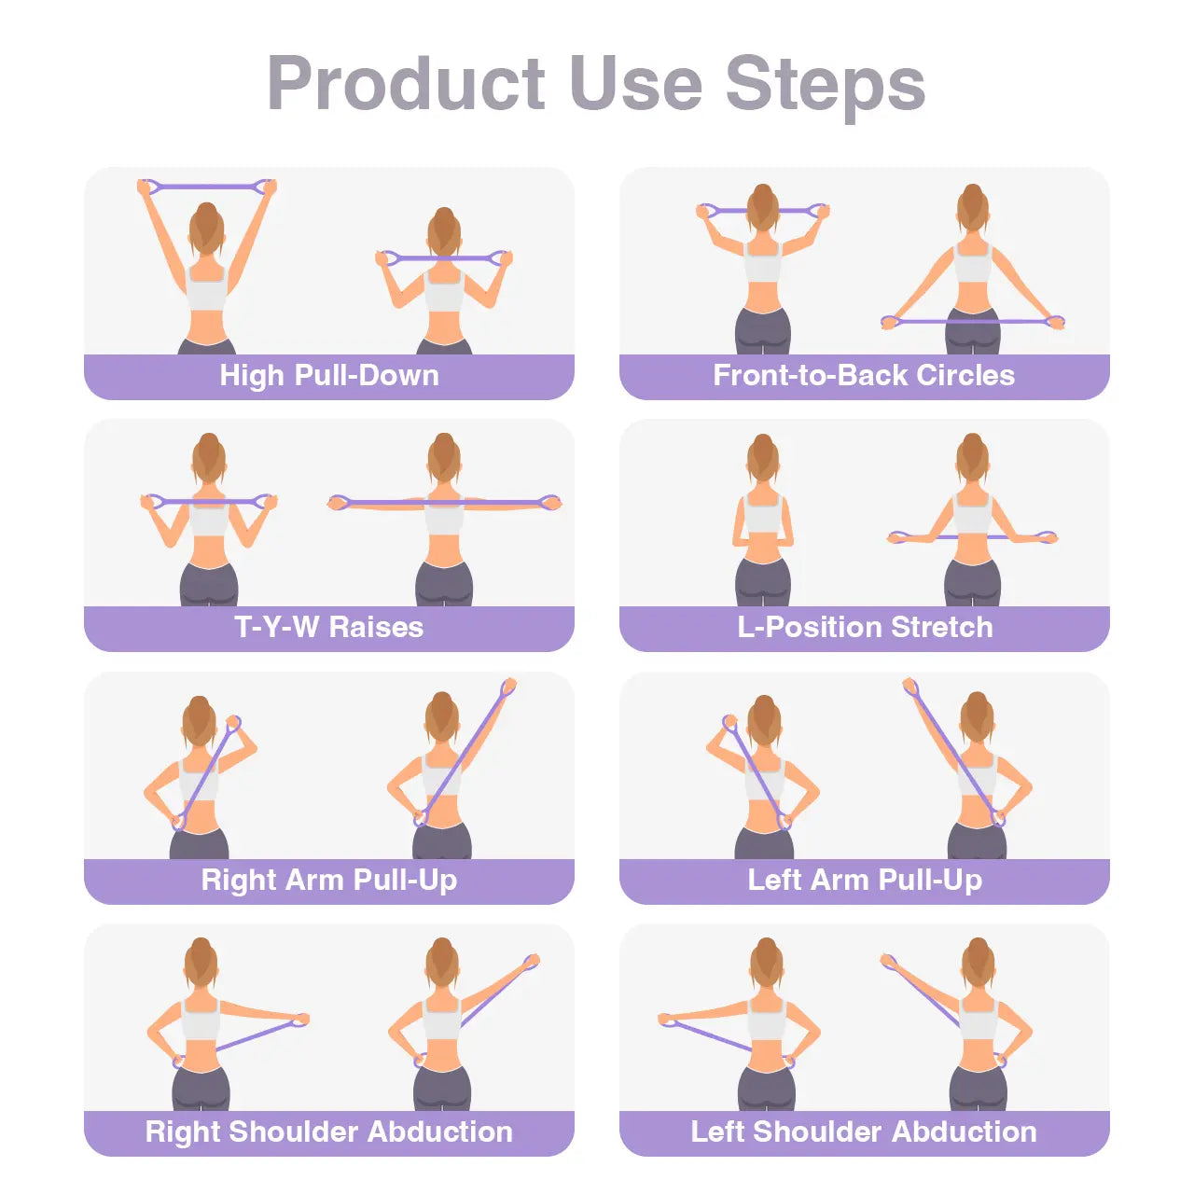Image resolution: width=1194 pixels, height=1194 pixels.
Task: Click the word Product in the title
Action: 406,84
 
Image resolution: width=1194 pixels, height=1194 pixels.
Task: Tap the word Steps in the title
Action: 825,84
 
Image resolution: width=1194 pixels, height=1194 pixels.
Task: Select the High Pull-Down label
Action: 328,376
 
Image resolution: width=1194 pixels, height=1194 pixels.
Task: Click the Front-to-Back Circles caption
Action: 864,376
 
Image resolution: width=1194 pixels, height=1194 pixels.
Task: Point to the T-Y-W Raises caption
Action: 328,628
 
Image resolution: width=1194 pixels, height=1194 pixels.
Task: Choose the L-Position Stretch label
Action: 864,628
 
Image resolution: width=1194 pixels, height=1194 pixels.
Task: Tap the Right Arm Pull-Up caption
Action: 328,881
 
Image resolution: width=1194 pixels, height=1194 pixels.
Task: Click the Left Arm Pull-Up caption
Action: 864,881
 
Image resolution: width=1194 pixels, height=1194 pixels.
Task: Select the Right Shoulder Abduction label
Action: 328,1132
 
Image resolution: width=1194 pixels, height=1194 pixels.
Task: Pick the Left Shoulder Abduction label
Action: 864,1132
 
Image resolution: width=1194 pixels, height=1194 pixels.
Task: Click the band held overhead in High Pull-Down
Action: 207,186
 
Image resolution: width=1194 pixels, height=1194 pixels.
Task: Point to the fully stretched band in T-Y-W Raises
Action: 444,503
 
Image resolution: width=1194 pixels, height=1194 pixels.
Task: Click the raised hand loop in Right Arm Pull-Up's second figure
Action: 507,688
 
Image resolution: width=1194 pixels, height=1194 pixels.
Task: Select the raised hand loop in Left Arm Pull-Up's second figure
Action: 911,688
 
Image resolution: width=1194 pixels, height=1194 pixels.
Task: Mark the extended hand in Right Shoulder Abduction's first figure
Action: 298,1020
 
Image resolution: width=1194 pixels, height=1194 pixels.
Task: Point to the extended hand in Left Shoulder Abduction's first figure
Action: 668,1020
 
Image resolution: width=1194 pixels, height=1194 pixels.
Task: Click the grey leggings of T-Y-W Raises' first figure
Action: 208,586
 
